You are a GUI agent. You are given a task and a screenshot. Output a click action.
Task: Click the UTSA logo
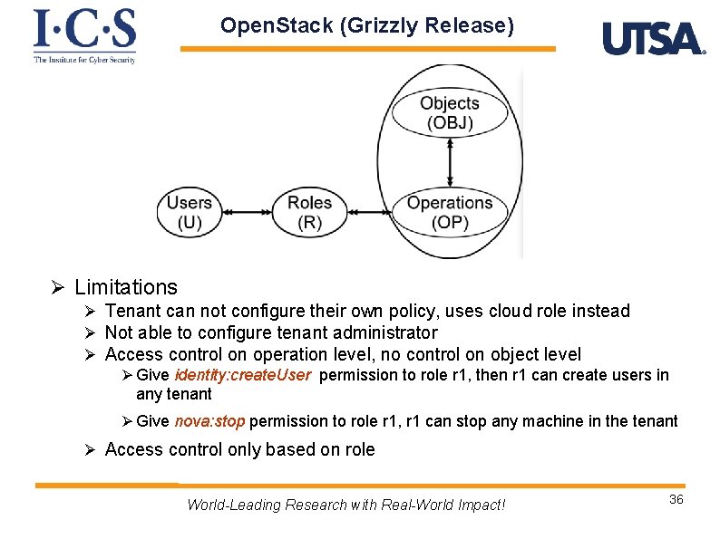(x=653, y=39)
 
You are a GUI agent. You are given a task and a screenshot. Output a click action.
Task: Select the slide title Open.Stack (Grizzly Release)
(x=367, y=25)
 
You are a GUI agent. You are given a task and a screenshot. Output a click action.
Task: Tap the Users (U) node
(x=190, y=213)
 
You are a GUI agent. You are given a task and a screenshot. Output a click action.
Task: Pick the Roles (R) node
(x=309, y=213)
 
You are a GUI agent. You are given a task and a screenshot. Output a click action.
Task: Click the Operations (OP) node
(x=450, y=213)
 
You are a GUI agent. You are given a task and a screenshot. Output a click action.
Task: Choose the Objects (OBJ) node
(x=450, y=113)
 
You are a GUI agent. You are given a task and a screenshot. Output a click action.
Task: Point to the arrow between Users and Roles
(x=248, y=213)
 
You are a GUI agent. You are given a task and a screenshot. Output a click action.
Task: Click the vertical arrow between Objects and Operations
(x=450, y=163)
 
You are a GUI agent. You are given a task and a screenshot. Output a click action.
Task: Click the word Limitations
(x=126, y=287)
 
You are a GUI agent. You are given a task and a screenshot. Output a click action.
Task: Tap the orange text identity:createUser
(x=243, y=375)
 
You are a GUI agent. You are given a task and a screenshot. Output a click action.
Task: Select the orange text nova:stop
(x=209, y=420)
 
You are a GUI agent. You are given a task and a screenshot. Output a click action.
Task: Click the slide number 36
(x=676, y=500)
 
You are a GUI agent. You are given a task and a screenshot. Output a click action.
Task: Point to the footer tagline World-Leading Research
(x=345, y=505)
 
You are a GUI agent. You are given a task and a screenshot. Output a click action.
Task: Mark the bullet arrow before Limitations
(x=56, y=288)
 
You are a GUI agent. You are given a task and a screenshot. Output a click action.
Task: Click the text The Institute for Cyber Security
(x=84, y=60)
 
